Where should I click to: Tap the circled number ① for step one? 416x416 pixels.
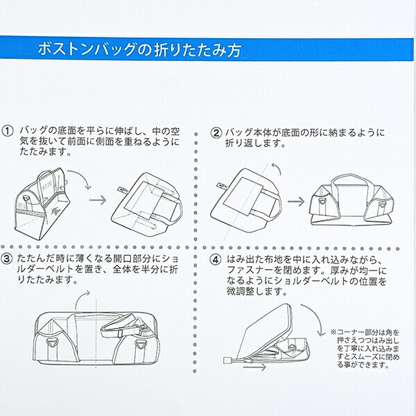click(8, 130)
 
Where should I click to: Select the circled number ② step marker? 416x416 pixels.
click(216, 132)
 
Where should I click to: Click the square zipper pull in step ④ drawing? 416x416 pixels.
click(227, 359)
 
